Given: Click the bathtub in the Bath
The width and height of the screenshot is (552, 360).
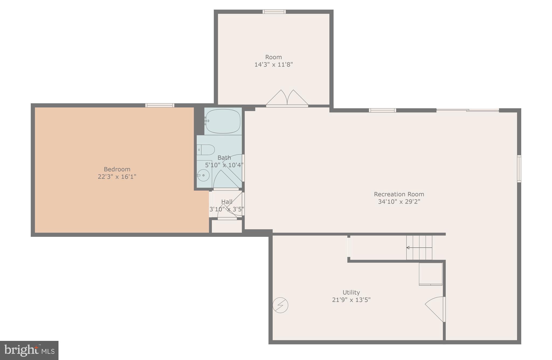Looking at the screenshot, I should tap(223, 121).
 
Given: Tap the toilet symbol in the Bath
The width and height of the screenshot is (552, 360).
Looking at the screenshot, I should tap(206, 150).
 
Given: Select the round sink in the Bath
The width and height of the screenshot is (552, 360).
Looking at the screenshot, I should tap(203, 175).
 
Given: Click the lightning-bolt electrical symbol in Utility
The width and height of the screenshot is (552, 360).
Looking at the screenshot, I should tap(280, 305).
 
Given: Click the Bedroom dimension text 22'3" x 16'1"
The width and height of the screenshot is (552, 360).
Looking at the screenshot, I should tap(117, 177).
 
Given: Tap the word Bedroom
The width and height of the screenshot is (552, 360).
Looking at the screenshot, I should tap(117, 169).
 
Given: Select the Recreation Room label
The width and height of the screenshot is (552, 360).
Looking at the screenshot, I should tap(399, 194).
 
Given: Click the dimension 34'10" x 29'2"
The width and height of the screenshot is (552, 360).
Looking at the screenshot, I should tap(399, 202).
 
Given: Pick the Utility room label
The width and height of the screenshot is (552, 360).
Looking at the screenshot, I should tap(351, 292).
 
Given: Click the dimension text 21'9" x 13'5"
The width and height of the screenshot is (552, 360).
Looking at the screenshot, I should tap(351, 300).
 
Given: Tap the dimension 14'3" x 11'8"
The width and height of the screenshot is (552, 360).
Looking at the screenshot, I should tap(274, 65).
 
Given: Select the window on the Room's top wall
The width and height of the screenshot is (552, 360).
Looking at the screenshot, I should tap(274, 12).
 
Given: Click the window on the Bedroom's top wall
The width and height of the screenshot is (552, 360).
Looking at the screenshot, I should tap(160, 105).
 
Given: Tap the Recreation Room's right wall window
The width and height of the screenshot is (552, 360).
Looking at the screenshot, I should tap(519, 169).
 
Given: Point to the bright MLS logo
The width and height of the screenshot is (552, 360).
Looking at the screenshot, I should tap(29, 350).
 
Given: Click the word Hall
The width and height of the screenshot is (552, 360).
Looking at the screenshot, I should tap(227, 202).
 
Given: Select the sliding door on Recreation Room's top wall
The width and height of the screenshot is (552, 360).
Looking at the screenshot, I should tap(468, 110).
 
